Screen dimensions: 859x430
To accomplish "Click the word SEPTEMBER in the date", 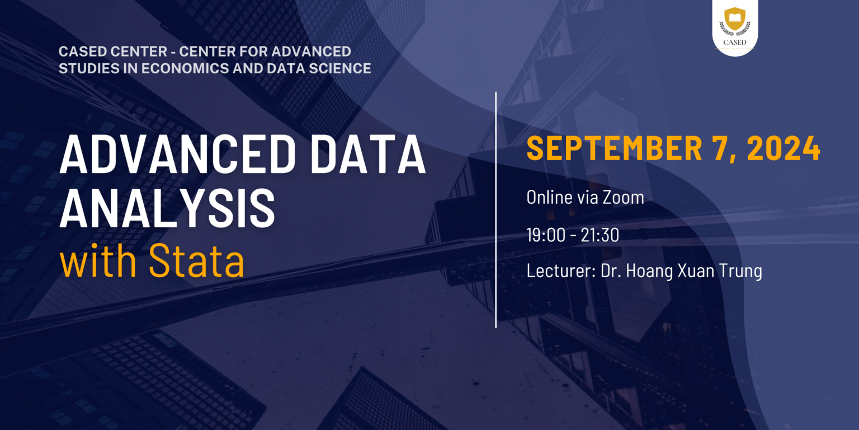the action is [615, 148].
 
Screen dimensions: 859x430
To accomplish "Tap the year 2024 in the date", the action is [784, 148].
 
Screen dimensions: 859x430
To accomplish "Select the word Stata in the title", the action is [196, 260].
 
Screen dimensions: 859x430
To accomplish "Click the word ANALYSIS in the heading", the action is [167, 208].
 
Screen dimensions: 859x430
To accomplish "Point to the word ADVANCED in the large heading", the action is [177, 153].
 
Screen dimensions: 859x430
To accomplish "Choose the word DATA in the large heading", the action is [368, 153].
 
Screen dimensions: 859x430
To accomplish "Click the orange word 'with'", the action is [98, 260].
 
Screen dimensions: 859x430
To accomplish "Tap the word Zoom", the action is [624, 197].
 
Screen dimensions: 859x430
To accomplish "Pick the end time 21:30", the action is [600, 235].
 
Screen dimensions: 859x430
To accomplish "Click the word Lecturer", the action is [561, 270].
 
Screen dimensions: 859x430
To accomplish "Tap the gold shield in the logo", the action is [735, 18].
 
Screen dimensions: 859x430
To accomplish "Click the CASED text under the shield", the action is [735, 42].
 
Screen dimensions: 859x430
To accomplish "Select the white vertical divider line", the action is [496, 210].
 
